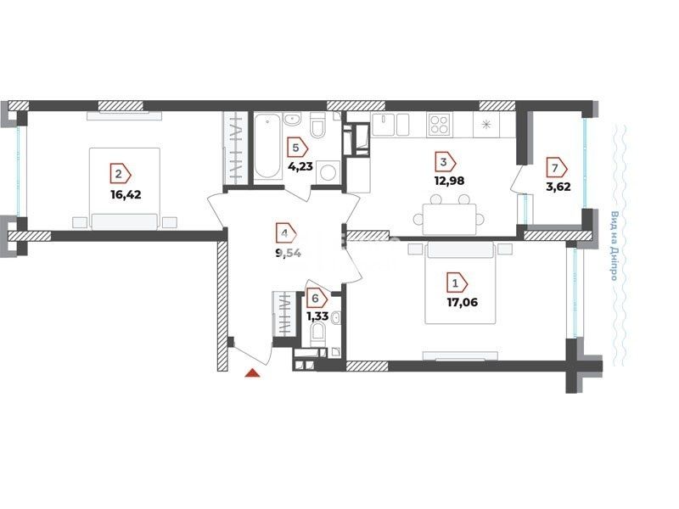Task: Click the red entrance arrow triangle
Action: point(252,373)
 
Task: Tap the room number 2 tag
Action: point(121,174)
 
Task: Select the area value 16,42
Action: point(126,194)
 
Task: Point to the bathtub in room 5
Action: point(267,146)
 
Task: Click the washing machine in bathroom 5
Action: point(327,172)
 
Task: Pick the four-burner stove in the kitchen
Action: point(439,123)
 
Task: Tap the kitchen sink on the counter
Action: point(383,125)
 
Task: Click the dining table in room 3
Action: point(449,219)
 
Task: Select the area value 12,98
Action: point(449,181)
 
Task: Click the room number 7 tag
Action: point(557,167)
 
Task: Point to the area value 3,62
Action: point(558,187)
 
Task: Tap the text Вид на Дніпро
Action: point(614,245)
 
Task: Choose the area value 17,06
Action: point(462,302)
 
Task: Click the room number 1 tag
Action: point(457,284)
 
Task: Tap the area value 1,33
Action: point(317,316)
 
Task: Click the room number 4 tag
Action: point(286,234)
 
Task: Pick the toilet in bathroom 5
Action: point(317,124)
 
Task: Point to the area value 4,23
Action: point(300,166)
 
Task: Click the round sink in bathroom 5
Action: point(293,119)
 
